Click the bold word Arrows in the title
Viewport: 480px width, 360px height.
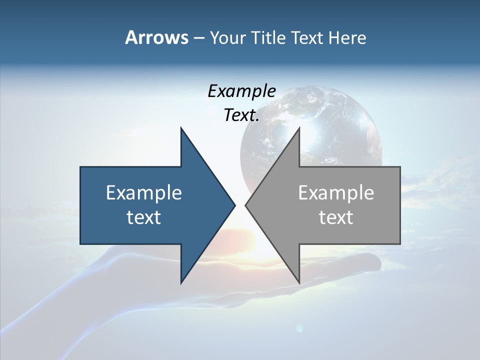[x=156, y=37]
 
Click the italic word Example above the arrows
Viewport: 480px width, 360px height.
[x=241, y=91]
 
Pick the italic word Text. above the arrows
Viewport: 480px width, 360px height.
[x=241, y=115]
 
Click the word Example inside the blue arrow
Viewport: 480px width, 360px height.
[x=144, y=193]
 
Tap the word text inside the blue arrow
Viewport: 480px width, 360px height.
[x=144, y=217]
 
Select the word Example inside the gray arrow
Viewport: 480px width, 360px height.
[x=336, y=193]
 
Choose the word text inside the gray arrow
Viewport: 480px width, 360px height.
[x=336, y=217]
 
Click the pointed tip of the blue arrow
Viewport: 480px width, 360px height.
[x=234, y=205]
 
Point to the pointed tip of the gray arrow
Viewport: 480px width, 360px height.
[x=246, y=205]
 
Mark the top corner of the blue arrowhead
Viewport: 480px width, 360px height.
[x=181, y=128]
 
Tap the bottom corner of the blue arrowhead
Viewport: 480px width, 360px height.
[x=181, y=283]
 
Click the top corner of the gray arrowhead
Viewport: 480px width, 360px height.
[x=299, y=128]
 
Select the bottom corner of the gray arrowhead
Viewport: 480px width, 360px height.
[x=299, y=283]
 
